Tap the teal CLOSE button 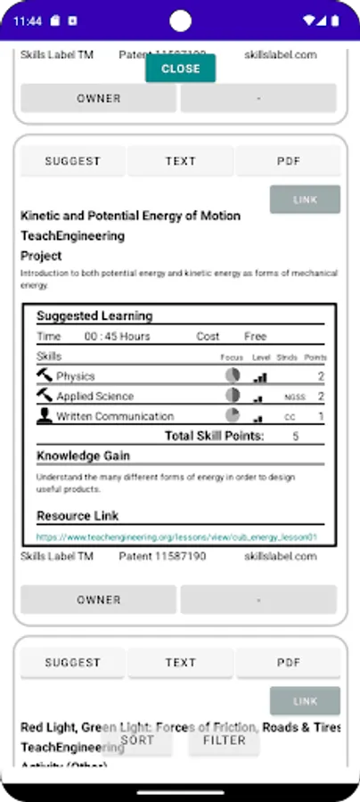(x=180, y=69)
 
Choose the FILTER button (x=224, y=740)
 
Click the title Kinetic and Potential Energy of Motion (x=130, y=216)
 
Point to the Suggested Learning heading (x=94, y=315)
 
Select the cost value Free (x=255, y=337)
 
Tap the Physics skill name (x=76, y=377)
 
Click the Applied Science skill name (x=95, y=397)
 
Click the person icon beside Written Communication (x=45, y=415)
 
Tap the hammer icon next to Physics (x=45, y=376)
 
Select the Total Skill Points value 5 (x=296, y=437)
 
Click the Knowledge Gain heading (x=83, y=456)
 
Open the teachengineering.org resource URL (x=176, y=537)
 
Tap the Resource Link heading (x=78, y=516)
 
